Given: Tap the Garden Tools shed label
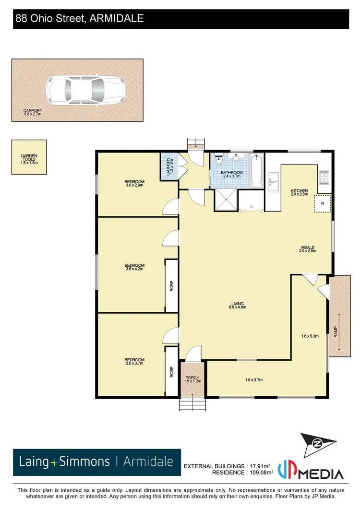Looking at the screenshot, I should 29,159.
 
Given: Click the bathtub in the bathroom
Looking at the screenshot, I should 256,171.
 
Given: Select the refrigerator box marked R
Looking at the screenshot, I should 323,203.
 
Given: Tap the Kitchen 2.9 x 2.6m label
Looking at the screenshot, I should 299,192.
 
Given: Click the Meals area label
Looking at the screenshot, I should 307,249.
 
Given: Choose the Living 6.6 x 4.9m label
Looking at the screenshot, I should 238,306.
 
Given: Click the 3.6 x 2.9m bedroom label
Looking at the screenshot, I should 134,183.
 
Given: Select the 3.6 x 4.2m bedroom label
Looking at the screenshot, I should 134,267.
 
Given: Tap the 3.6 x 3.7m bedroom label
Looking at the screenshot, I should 134,362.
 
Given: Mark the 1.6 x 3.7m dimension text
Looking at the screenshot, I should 253,380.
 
